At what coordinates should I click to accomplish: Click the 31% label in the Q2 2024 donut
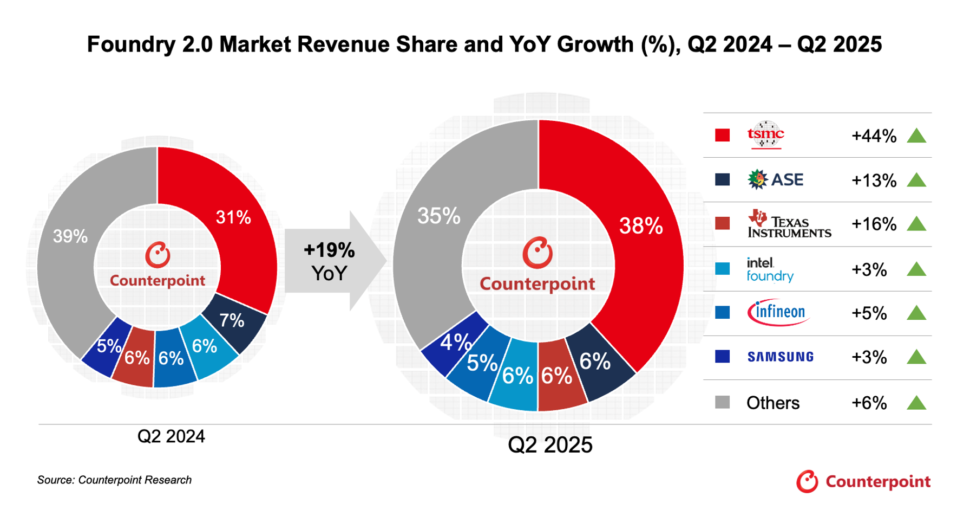(233, 218)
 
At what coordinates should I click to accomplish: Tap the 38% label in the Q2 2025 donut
(641, 226)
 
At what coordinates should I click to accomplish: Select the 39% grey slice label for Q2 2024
(70, 236)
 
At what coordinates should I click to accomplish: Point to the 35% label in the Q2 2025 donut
(438, 216)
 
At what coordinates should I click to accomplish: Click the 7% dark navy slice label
(232, 321)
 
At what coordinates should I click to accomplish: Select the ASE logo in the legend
(775, 179)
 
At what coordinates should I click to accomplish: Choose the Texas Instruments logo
(789, 224)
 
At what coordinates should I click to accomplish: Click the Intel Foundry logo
(770, 269)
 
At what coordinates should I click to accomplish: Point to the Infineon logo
(778, 312)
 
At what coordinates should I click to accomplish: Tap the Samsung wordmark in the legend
(780, 357)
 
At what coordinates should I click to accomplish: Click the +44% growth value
(874, 136)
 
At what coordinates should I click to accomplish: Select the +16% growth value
(874, 224)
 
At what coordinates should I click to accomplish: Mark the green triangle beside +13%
(916, 180)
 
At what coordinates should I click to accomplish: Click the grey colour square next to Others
(722, 402)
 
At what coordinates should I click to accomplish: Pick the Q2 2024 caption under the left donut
(171, 436)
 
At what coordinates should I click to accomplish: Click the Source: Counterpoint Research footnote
(114, 480)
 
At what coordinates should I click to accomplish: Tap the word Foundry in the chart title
(130, 44)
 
